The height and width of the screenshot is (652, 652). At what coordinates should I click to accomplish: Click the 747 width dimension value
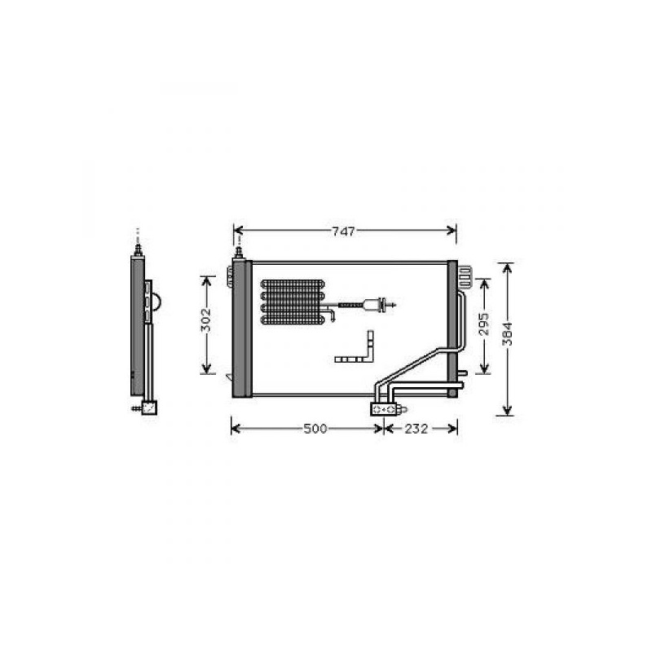tap(343, 231)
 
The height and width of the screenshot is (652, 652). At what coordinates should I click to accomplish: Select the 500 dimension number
tap(315, 429)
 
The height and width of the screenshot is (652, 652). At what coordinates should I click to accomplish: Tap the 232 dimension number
tap(416, 429)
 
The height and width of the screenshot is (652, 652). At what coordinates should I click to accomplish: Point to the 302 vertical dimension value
tap(206, 319)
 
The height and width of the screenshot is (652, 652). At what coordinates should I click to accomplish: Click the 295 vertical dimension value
tap(483, 324)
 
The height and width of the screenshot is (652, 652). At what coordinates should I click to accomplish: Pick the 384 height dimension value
tap(508, 334)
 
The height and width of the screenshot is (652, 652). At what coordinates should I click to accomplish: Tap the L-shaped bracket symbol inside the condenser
tap(355, 347)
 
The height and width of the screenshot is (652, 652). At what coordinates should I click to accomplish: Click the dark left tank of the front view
tap(242, 328)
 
